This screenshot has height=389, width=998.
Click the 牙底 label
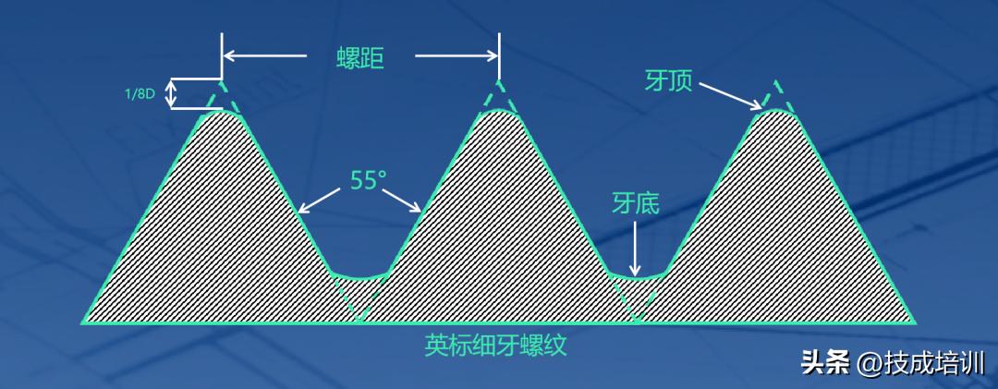tap(635, 203)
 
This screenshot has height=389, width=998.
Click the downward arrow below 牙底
tap(635, 248)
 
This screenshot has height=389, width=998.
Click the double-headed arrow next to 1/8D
tap(170, 94)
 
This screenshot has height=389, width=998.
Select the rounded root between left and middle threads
tap(359, 275)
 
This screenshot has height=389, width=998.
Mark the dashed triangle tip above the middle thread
tap(499, 88)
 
